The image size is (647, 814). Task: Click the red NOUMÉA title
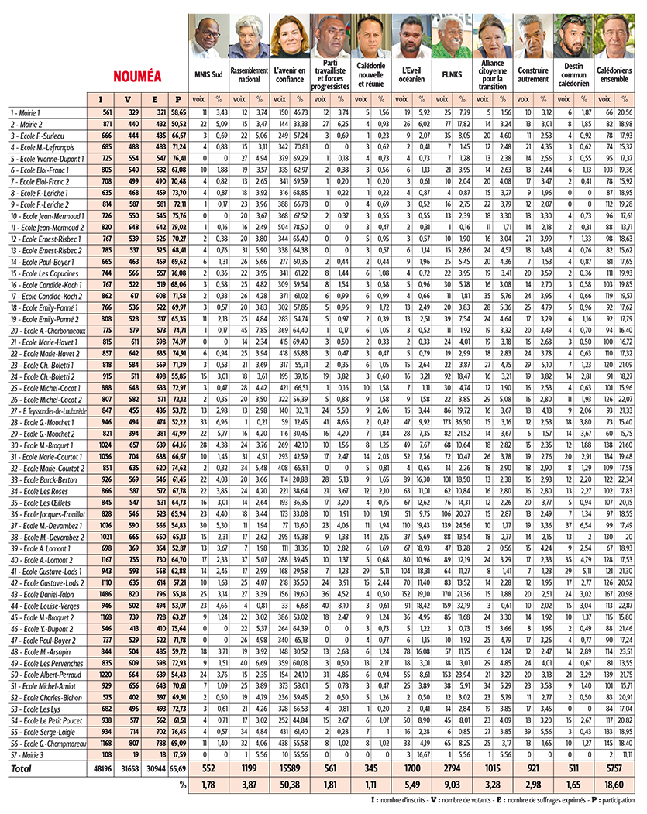pyautogui.click(x=137, y=77)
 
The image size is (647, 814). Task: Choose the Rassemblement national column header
pyautogui.click(x=250, y=74)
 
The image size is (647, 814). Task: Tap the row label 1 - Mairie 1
pyautogui.click(x=25, y=112)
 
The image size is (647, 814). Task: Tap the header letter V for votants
pyautogui.click(x=128, y=99)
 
